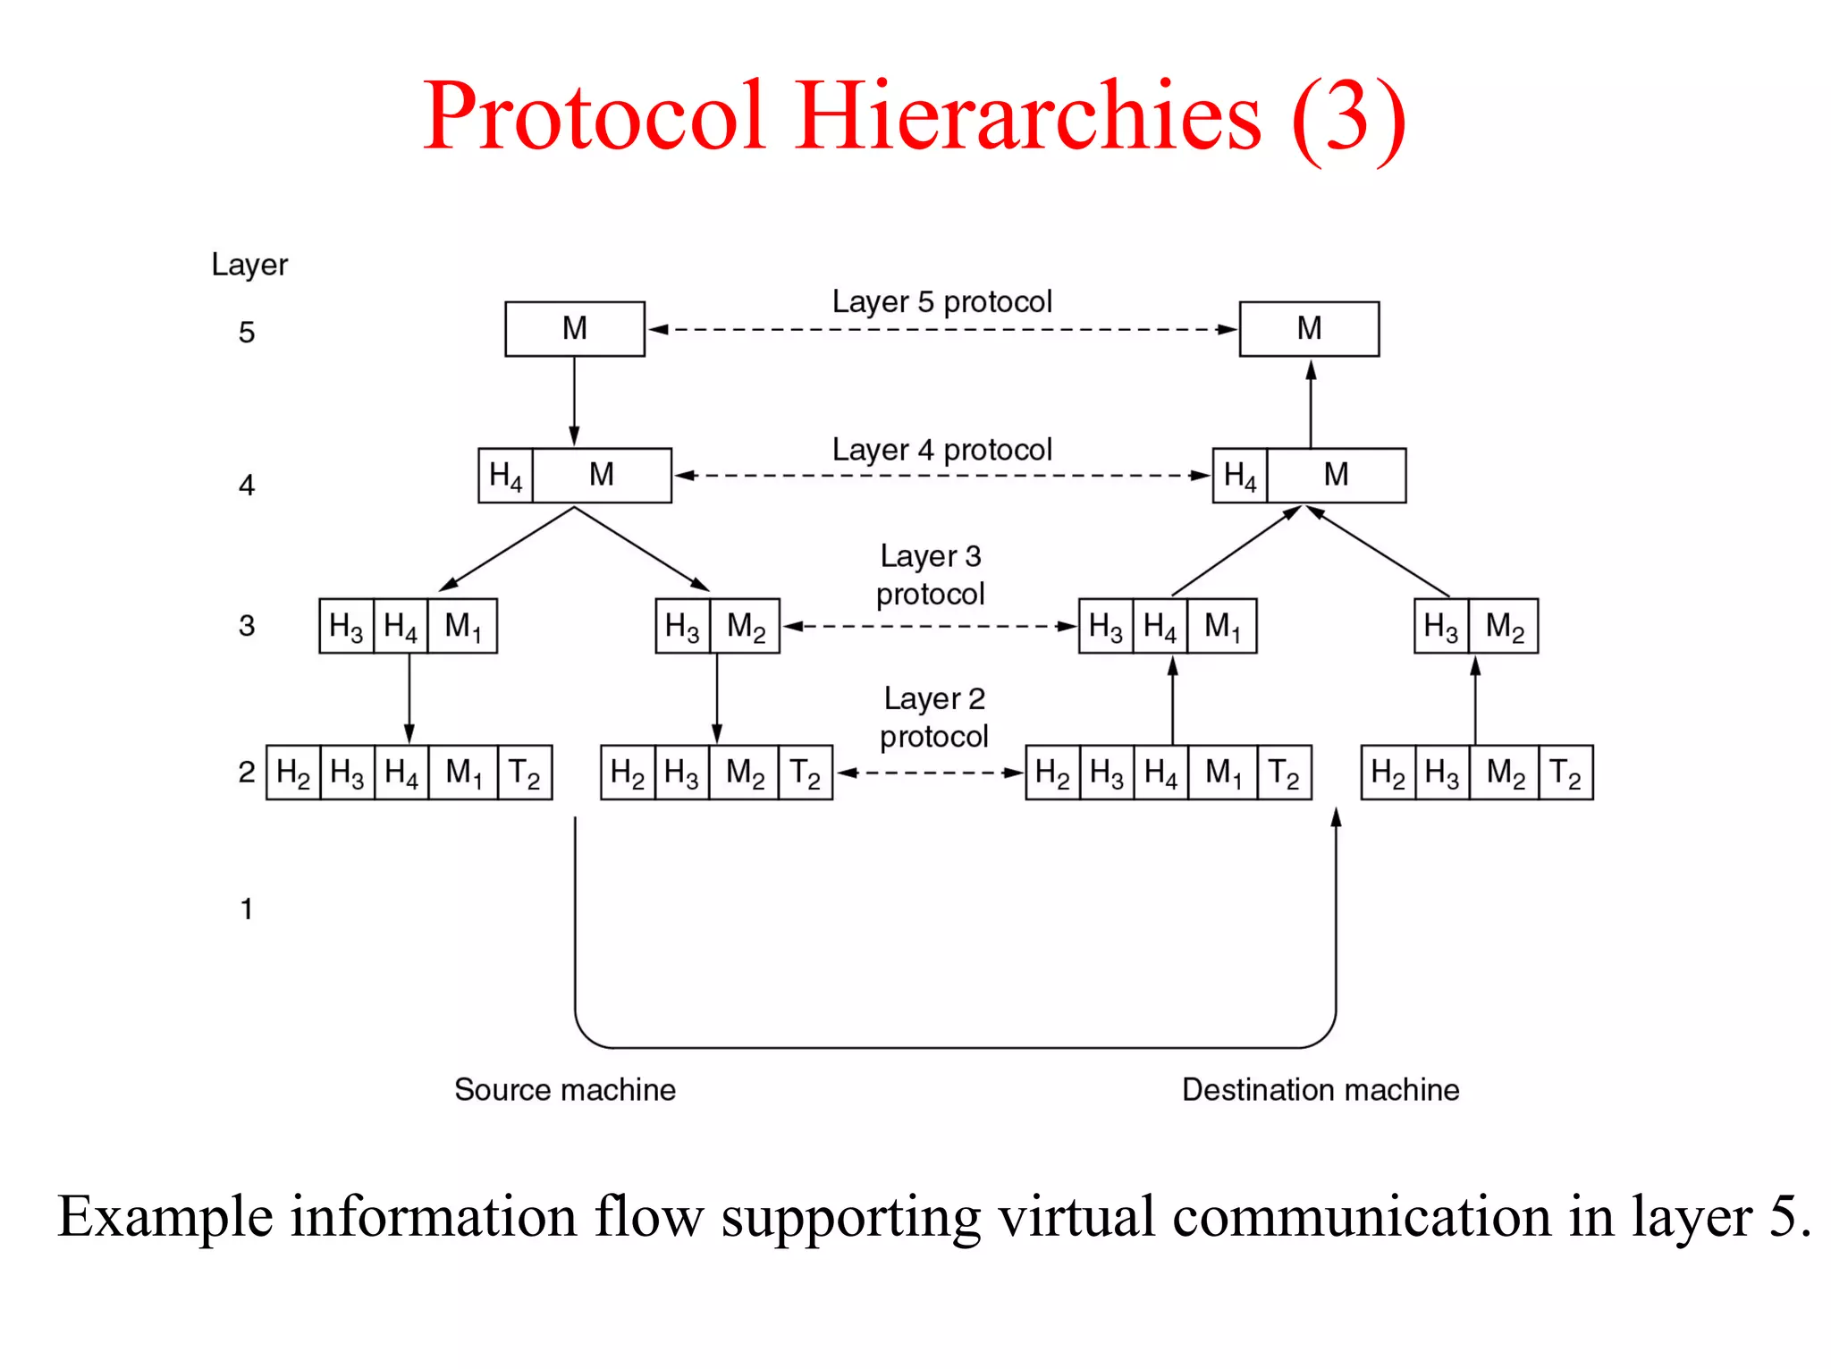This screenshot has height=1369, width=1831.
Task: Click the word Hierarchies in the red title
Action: tap(1028, 116)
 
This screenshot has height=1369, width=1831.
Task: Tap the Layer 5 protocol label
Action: tap(941, 302)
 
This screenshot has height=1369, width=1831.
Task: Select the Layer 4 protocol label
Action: tap(941, 450)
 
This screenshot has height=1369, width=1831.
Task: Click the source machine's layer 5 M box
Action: tap(574, 329)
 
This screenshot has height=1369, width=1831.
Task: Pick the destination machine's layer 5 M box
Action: tap(1309, 329)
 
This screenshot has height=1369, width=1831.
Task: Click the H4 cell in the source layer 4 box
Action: tap(506, 476)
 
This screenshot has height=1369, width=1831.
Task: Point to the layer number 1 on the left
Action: tap(247, 909)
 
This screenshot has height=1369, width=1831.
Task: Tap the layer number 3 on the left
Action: tap(247, 626)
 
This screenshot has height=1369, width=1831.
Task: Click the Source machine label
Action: tap(564, 1090)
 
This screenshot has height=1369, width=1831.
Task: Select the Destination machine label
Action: tap(1320, 1090)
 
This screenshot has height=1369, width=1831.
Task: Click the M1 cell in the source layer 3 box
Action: tap(462, 626)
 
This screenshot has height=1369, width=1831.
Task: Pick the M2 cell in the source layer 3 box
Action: tap(746, 626)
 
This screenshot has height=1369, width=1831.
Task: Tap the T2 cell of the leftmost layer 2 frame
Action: tap(524, 773)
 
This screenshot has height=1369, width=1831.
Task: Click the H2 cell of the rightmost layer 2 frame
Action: tap(1388, 773)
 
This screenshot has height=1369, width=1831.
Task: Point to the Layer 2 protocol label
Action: tap(933, 717)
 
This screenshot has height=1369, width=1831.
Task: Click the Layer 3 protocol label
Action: tap(930, 575)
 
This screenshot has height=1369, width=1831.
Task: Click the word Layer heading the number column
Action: tap(249, 265)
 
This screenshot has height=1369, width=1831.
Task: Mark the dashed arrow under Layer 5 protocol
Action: tap(941, 330)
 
